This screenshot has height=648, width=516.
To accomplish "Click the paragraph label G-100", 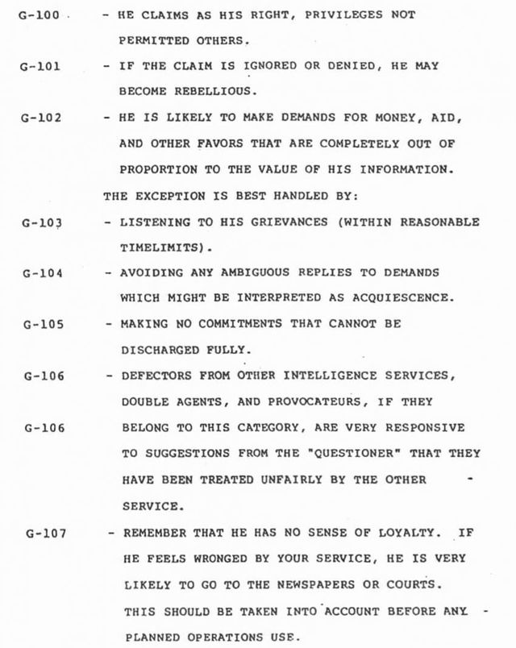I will (x=39, y=15).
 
